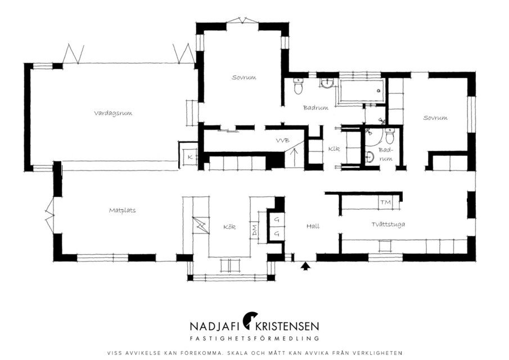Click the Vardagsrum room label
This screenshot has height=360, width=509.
pos(113,113)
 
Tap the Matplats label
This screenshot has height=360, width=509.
pos(122,210)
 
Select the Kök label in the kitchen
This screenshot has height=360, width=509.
pos(229,227)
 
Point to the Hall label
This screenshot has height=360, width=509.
pos(313,226)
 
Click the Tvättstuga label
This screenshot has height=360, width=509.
pos(388,224)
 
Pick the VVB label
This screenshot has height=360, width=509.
pos(283,141)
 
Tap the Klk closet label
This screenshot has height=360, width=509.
pos(334,148)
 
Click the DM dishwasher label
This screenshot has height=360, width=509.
pos(254,230)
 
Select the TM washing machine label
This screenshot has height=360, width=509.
pos(385,202)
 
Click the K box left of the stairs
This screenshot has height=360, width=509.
pos(190,157)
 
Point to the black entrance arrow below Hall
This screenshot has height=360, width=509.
pos(305,266)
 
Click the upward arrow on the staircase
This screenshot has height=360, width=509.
pos(295,157)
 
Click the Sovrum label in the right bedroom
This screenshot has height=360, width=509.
pos(435,118)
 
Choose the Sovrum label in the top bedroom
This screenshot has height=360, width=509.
pos(244,77)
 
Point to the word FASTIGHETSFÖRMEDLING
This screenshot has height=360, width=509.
pos(254,339)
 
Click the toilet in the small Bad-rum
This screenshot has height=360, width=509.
pos(389,136)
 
